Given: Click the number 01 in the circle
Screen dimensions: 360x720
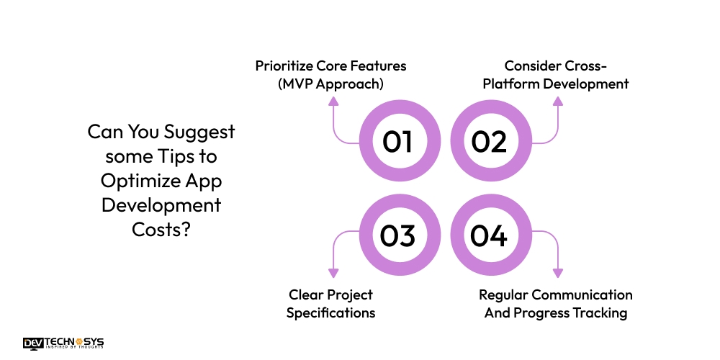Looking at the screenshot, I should pyautogui.click(x=397, y=142).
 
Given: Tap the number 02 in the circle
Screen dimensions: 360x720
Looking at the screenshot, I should pyautogui.click(x=489, y=142).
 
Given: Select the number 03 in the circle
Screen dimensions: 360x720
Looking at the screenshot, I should pyautogui.click(x=397, y=236).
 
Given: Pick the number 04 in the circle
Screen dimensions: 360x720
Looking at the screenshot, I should pyautogui.click(x=489, y=236).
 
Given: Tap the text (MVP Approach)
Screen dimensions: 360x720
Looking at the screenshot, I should pyautogui.click(x=330, y=84).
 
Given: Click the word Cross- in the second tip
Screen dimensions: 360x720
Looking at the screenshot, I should pyautogui.click(x=585, y=66).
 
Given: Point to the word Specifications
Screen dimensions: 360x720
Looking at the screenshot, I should pyautogui.click(x=330, y=312).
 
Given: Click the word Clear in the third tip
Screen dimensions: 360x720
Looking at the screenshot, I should pyautogui.click(x=305, y=294).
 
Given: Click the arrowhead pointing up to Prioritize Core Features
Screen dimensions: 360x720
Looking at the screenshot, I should pyautogui.click(x=333, y=102).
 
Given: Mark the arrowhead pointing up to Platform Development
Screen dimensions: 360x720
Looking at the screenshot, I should pyautogui.click(x=557, y=102).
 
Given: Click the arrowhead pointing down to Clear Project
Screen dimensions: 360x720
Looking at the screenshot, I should pyautogui.click(x=333, y=273).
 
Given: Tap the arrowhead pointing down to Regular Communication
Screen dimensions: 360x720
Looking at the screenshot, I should pyautogui.click(x=557, y=273).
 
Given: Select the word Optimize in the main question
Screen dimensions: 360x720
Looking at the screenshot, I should pyautogui.click(x=139, y=181).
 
